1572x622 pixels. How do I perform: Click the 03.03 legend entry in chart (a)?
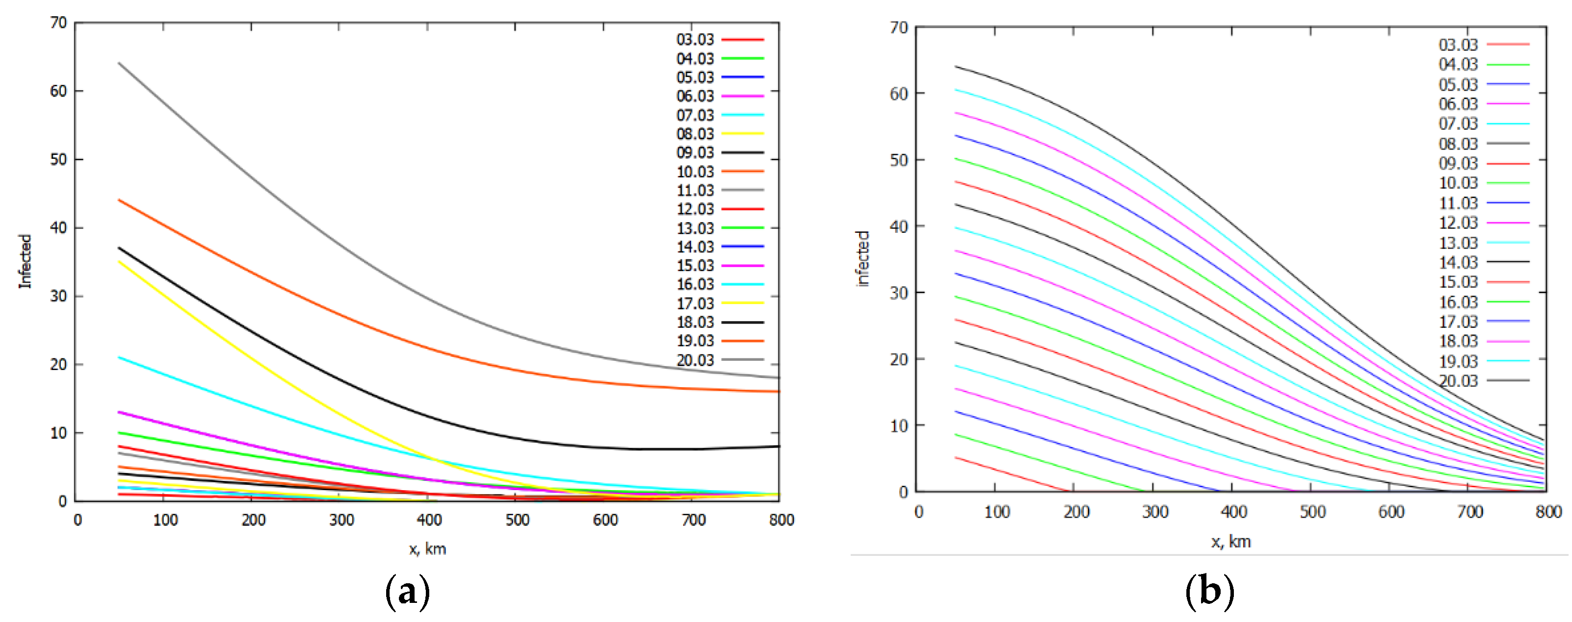tap(695, 40)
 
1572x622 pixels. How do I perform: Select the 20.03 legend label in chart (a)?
tap(695, 360)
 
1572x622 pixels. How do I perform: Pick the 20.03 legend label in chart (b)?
tap(1458, 381)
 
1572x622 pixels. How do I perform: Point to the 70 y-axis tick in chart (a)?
tap(59, 23)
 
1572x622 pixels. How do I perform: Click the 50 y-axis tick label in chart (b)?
tap(898, 160)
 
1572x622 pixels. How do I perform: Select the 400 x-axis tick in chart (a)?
tap(429, 520)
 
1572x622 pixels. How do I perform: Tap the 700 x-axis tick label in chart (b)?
tap(1470, 512)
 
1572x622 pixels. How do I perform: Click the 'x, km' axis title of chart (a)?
tap(427, 549)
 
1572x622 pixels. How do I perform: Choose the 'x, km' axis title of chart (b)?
tap(1231, 542)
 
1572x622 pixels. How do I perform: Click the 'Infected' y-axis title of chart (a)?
tap(25, 261)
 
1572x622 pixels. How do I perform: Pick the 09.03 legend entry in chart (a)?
tap(695, 152)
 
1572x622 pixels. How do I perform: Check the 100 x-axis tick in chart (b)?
tap(997, 512)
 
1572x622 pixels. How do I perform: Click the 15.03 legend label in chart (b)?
tap(1458, 282)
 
